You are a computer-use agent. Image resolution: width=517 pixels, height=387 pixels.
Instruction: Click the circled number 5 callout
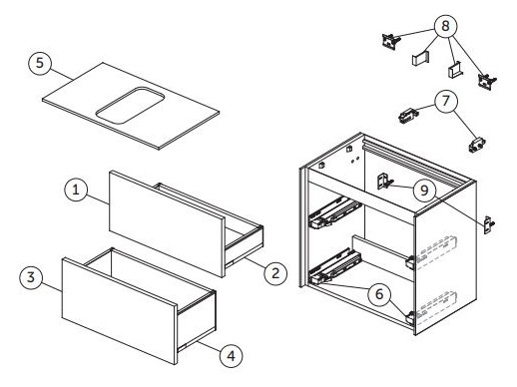coord(40,63)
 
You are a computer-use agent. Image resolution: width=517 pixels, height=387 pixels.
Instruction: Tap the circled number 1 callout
coord(76,190)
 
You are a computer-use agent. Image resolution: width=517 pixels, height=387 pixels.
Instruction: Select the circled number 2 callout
coord(275,273)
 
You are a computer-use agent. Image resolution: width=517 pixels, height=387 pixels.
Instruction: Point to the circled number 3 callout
coord(31,277)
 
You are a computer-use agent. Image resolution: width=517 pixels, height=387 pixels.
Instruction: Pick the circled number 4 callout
coord(231,356)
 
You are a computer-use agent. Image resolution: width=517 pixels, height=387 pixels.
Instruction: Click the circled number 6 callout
coord(379,294)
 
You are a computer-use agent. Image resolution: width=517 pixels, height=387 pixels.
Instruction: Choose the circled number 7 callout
coord(446,101)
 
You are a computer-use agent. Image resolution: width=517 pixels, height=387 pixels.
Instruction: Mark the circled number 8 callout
coord(445,26)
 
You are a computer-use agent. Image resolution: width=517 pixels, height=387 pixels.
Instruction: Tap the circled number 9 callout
coord(424,191)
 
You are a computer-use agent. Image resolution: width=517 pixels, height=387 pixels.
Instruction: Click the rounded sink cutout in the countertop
coord(130,106)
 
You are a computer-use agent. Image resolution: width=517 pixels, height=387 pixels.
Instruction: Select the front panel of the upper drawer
coord(167,223)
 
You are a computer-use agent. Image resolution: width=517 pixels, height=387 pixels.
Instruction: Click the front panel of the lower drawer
coord(120,310)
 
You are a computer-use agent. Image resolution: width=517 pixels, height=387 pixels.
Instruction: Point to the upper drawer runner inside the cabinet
coord(334,212)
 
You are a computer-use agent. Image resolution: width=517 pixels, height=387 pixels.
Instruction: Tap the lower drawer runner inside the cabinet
coord(335,265)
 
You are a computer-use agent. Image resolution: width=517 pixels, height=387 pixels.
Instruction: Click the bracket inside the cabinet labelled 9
coord(384,182)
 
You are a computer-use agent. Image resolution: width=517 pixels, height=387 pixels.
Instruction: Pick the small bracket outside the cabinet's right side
coord(489,225)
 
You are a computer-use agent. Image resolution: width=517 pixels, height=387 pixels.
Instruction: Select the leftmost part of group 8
coord(390,41)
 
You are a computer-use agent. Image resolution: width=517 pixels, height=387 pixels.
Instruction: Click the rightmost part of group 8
coord(487,81)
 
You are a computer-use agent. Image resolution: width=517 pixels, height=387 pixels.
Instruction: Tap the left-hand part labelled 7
coord(408,116)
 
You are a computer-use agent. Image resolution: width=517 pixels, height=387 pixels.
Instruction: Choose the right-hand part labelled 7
coord(477,145)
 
